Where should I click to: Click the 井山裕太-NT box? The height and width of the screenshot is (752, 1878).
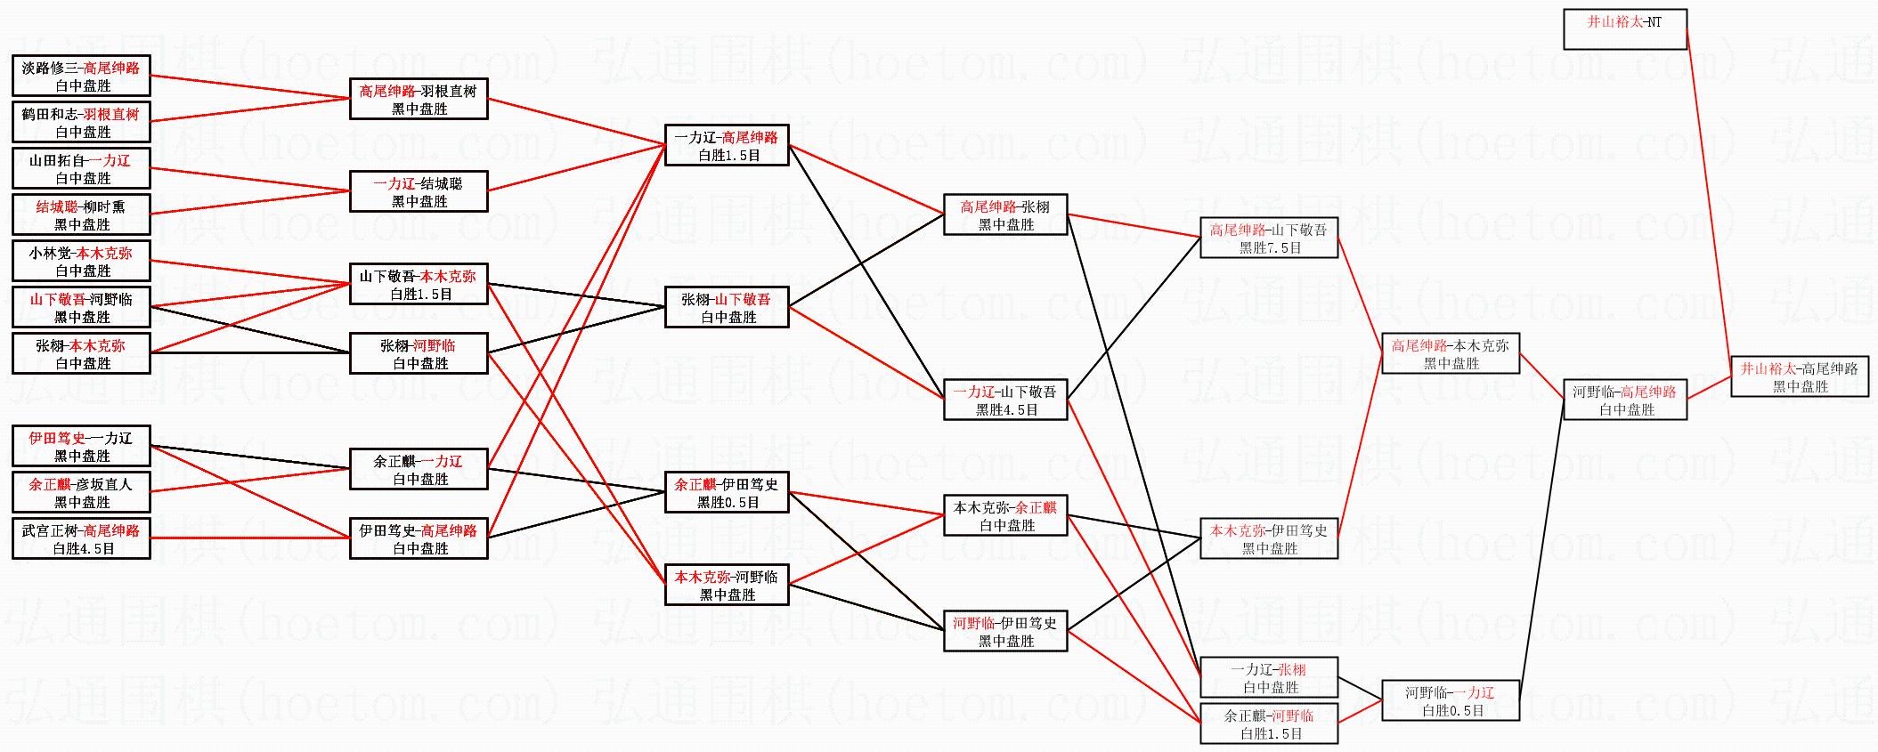tap(1624, 29)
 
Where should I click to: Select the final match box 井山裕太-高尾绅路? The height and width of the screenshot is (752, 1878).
tap(1799, 376)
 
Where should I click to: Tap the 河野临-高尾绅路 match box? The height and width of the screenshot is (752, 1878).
tap(1625, 400)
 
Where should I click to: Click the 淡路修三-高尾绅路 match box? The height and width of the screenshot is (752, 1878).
tap(81, 76)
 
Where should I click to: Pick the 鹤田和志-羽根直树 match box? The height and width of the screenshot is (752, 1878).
tap(81, 122)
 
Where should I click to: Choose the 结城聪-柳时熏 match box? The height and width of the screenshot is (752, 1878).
tap(81, 214)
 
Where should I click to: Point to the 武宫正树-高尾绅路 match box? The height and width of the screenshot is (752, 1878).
tap(81, 538)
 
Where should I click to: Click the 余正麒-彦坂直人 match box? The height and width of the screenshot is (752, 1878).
tap(81, 492)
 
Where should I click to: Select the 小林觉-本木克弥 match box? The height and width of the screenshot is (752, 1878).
tap(81, 261)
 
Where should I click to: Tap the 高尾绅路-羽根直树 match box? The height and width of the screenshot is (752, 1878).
tap(419, 99)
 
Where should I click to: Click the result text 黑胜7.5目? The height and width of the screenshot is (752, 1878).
tap(1270, 248)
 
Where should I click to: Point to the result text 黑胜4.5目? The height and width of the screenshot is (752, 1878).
tap(1006, 410)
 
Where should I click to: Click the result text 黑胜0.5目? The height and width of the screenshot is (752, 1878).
tap(728, 503)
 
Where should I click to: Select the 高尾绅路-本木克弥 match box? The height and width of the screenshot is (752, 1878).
tap(1451, 353)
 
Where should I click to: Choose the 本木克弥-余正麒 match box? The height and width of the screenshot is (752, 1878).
tap(1005, 515)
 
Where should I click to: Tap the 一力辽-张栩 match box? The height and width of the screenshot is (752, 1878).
tap(1269, 677)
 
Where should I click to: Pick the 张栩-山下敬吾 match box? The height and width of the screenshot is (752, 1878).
tap(727, 307)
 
